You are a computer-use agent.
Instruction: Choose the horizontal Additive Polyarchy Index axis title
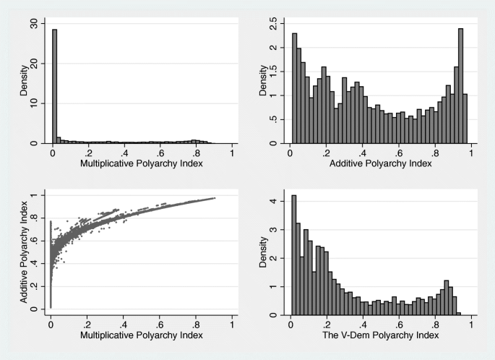(x=381, y=163)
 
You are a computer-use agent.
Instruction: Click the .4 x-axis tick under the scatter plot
(x=124, y=325)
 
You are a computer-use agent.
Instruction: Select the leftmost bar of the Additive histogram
(x=294, y=88)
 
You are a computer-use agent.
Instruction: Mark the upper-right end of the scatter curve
(x=215, y=197)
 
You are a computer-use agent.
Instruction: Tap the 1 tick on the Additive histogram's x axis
(x=471, y=153)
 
